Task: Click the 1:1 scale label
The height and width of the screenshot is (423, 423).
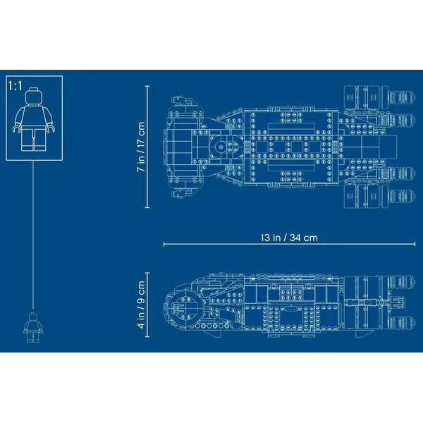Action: [15, 86]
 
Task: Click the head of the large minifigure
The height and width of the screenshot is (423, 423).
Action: [34, 97]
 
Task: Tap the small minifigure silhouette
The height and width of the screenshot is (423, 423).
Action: [33, 327]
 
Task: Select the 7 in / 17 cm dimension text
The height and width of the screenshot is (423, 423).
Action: [141, 147]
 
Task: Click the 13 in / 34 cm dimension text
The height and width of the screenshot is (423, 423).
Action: [289, 238]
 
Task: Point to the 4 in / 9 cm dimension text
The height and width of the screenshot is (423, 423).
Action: [141, 305]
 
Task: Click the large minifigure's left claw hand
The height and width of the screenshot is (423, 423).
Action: [17, 129]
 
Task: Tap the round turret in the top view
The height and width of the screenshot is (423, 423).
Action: [221, 147]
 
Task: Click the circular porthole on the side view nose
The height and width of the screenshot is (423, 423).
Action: [184, 308]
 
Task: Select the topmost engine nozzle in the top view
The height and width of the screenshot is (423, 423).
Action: [401, 97]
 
